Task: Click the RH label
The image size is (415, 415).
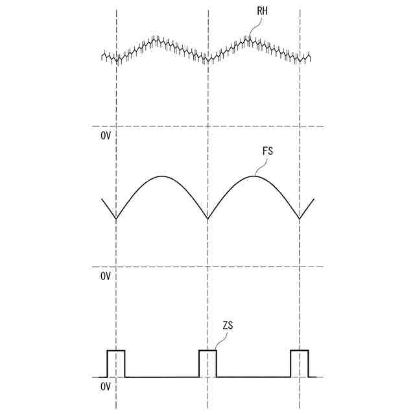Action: [262, 11]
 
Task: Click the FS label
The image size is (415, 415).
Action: [268, 151]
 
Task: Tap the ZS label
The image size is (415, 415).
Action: [228, 326]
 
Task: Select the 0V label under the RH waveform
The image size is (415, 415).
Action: [106, 136]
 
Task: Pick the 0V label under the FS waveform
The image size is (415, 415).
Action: [106, 276]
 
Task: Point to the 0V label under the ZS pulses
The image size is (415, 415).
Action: [106, 386]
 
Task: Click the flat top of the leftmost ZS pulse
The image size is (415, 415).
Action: [116, 350]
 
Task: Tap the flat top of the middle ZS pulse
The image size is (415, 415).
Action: [207, 350]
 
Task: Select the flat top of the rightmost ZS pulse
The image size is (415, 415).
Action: [300, 350]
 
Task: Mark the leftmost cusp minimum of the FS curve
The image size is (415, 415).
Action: [116, 219]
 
